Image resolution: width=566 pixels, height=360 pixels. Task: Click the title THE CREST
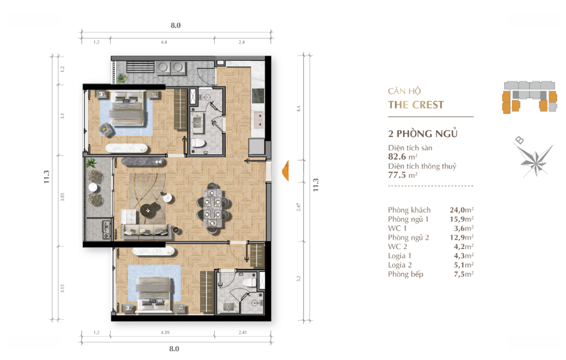[416, 105]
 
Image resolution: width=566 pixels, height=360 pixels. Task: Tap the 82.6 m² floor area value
[402, 157]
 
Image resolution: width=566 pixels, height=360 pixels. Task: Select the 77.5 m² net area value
[402, 175]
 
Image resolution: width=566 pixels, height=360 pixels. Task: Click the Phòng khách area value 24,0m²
[462, 210]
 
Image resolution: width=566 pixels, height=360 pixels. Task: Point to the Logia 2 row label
[399, 265]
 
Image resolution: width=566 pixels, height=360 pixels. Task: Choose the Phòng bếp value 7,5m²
[464, 274]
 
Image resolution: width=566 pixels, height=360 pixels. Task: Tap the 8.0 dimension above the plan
[176, 25]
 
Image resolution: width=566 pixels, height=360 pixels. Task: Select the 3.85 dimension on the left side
[62, 197]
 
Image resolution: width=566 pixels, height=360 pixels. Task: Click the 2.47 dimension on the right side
[299, 208]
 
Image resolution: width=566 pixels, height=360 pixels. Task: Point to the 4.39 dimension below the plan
[165, 332]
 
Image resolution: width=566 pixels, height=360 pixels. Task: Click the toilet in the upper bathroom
[198, 143]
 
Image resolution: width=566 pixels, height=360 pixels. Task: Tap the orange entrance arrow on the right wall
[286, 170]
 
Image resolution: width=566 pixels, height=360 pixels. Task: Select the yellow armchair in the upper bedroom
[106, 129]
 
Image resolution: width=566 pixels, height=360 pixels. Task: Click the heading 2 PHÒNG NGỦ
[423, 134]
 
